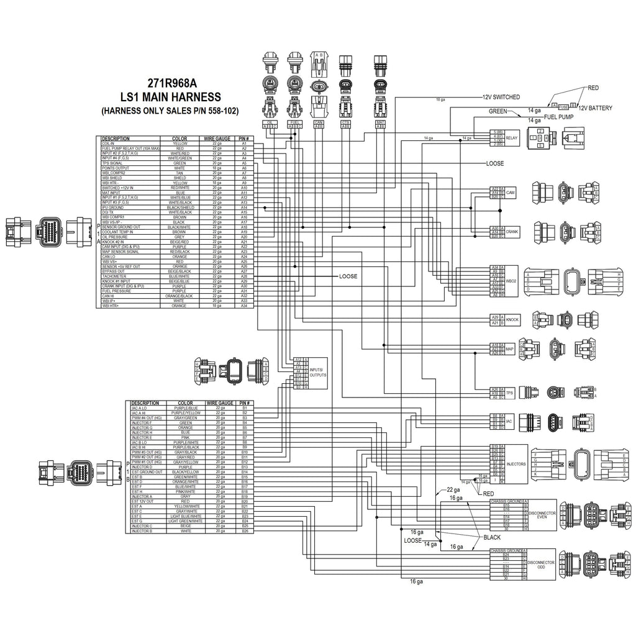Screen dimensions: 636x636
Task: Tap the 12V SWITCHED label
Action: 501,98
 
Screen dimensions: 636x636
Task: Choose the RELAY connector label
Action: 512,138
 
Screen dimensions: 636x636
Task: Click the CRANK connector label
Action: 512,232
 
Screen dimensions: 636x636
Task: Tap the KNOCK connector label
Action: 512,320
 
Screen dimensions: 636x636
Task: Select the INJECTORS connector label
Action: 516,464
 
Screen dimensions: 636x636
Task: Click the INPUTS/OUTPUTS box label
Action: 317,373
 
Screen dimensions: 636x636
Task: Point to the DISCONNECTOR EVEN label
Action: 542,515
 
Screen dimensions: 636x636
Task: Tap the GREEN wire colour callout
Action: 498,112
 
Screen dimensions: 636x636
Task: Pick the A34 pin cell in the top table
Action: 244,306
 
